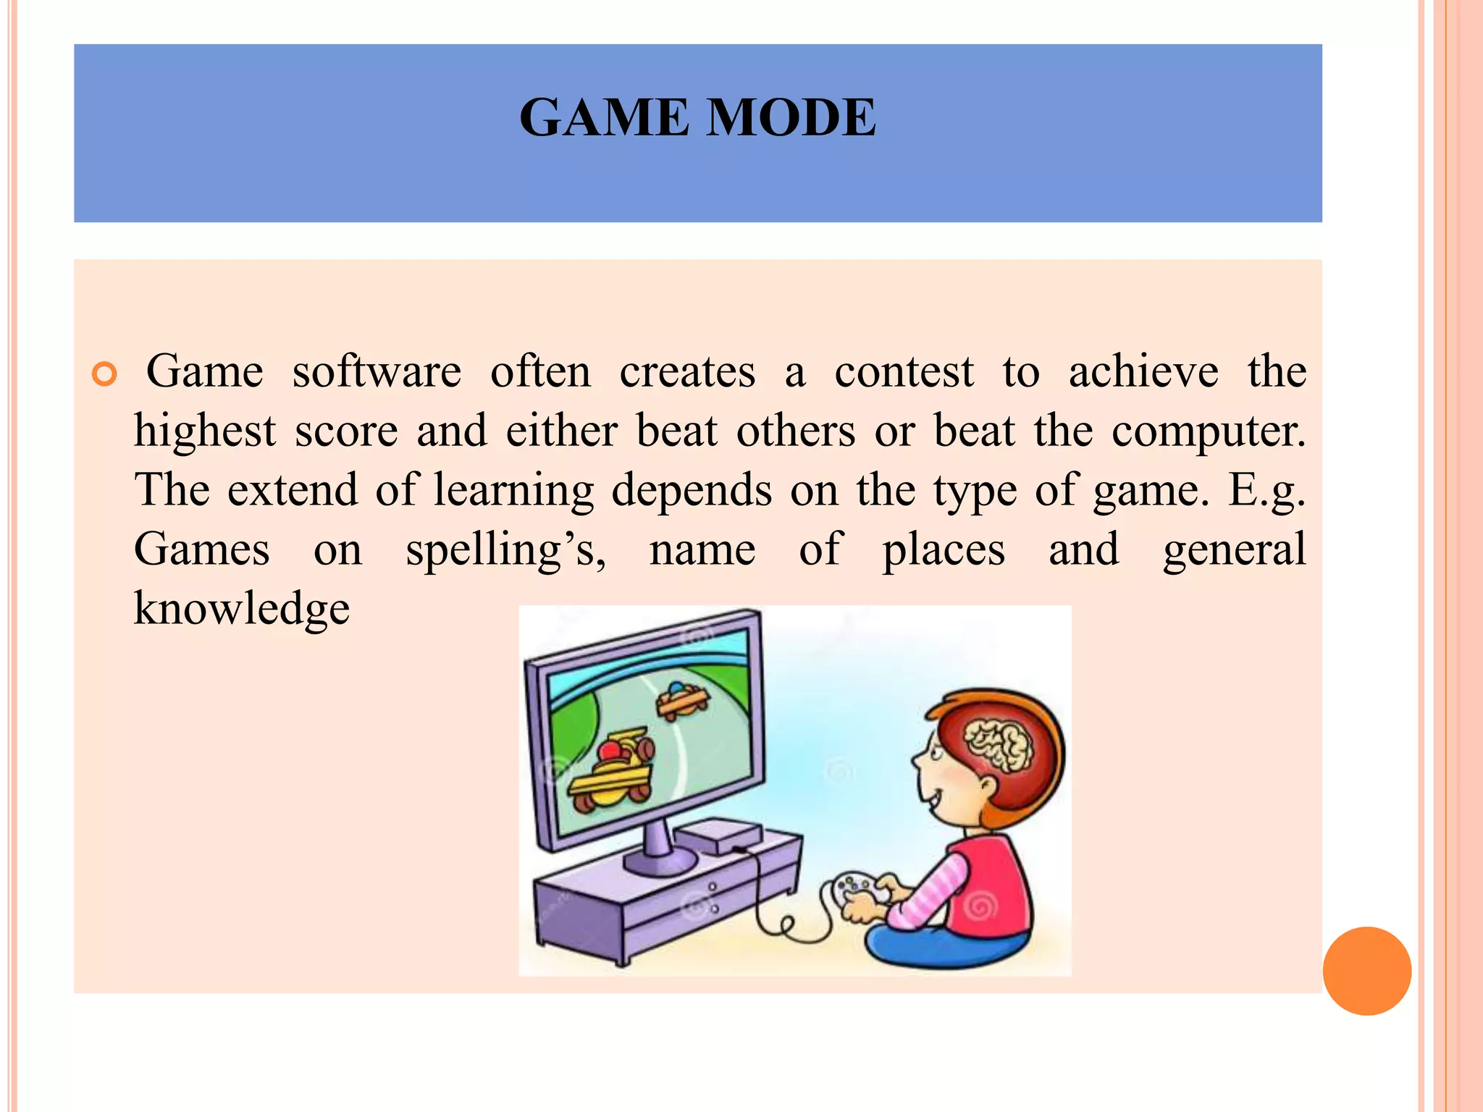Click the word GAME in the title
click(604, 117)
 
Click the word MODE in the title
click(791, 117)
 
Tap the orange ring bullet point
click(105, 374)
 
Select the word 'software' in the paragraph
click(377, 372)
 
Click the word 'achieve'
click(1143, 372)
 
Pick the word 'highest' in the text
click(205, 431)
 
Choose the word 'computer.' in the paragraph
click(1209, 433)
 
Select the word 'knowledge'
click(242, 609)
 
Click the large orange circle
click(1366, 971)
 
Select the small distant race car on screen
click(681, 699)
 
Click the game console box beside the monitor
click(717, 837)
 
